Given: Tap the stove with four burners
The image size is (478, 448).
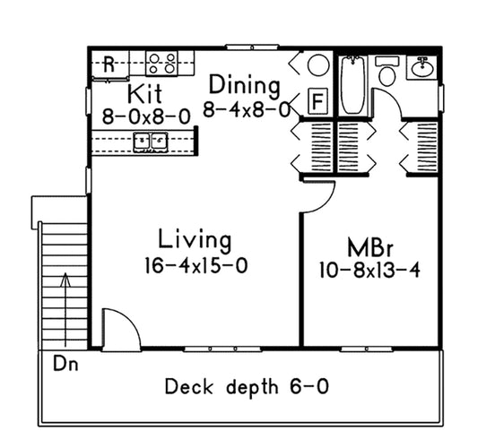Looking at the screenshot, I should point(161,63).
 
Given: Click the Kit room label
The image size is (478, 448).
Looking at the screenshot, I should point(144,94).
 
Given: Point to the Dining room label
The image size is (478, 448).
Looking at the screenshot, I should point(244,86).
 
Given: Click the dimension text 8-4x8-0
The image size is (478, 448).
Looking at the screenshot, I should point(246,110).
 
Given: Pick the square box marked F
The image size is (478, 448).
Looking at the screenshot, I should point(317,101).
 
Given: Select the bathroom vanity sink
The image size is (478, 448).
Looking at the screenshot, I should point(422,66).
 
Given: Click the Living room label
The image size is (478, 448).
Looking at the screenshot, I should point(195,240).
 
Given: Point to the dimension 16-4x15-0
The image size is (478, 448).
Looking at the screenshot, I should point(195,266).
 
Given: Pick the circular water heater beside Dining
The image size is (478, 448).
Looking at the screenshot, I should point(317,65).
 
